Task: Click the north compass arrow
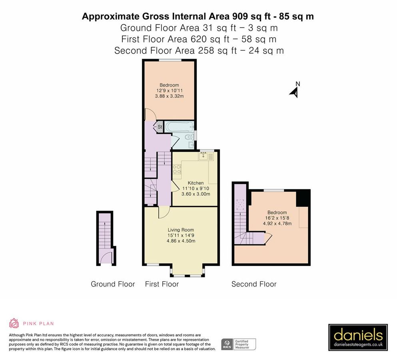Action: click(295, 93)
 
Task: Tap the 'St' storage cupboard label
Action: click(160, 127)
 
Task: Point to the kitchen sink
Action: click(203, 156)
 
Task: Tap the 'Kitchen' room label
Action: click(196, 183)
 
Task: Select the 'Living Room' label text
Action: click(181, 230)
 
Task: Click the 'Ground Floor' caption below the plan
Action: click(113, 284)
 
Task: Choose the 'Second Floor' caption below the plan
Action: click(254, 284)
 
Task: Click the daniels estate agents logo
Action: click(358, 337)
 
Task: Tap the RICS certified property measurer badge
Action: click(239, 344)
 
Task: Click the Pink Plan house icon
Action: click(14, 323)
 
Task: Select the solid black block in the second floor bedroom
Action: click(303, 198)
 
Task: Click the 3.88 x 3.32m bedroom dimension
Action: click(169, 96)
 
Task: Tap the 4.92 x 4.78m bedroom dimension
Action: click(277, 224)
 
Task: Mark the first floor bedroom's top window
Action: click(170, 60)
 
